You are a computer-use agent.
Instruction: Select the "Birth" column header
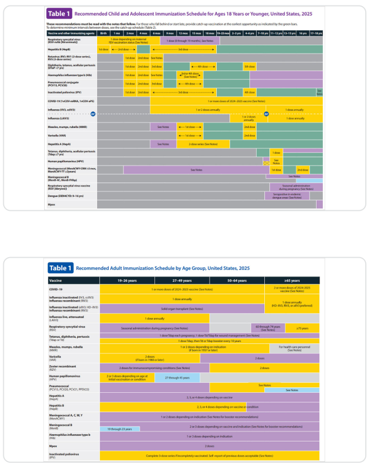(x=103, y=33)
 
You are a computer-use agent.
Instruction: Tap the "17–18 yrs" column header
(x=316, y=33)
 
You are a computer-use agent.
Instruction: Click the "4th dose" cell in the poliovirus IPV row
(x=249, y=92)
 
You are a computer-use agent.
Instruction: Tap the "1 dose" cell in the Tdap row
(x=276, y=152)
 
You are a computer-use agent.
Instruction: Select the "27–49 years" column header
(x=182, y=280)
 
